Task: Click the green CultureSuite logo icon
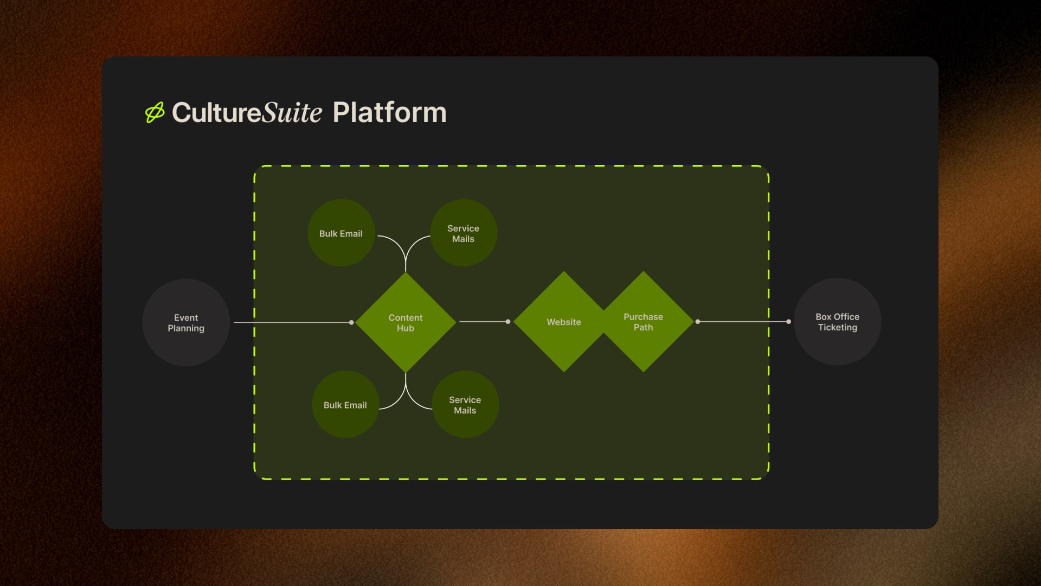[155, 112]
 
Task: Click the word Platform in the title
[389, 112]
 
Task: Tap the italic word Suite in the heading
[292, 112]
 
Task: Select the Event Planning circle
[186, 322]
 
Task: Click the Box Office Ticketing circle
[837, 322]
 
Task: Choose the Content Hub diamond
[406, 322]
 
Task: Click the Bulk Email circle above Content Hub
[340, 233]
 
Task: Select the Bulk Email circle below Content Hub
[345, 405]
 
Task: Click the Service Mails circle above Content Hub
[464, 233]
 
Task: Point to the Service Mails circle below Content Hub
[465, 405]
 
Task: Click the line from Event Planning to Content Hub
[293, 322]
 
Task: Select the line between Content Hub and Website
[483, 322]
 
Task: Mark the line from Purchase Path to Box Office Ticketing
[743, 322]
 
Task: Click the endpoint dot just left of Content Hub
[351, 322]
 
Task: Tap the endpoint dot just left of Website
[508, 322]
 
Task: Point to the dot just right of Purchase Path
[698, 322]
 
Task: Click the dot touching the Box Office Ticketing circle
[788, 322]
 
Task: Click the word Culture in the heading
[217, 112]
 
